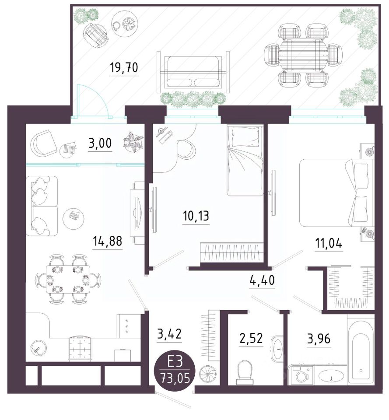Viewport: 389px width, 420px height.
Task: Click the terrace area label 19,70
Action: pyautogui.click(x=124, y=67)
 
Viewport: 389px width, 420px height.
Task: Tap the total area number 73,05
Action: pyautogui.click(x=175, y=379)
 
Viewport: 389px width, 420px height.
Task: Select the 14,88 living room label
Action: pyautogui.click(x=107, y=241)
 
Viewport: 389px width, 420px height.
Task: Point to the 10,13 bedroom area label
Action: pyautogui.click(x=196, y=216)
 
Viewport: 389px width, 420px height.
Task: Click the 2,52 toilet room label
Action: pyautogui.click(x=251, y=338)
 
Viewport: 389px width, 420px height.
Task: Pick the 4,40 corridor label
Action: pyautogui.click(x=262, y=280)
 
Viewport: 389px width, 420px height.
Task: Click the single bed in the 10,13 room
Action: pyautogui.click(x=244, y=160)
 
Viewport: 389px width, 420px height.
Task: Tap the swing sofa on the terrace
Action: pyautogui.click(x=193, y=72)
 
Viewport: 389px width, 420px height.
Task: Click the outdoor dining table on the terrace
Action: pyautogui.click(x=303, y=56)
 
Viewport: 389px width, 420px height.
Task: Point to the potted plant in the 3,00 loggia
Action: pyautogui.click(x=133, y=142)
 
